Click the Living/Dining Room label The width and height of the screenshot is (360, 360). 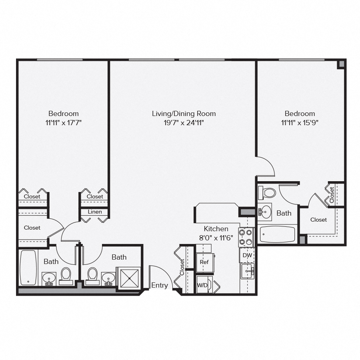pos(184,114)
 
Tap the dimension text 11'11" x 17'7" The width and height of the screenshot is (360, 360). pos(64,123)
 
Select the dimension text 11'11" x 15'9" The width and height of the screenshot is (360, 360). pos(300,123)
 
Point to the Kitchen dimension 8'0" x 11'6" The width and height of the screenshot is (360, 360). pos(216,238)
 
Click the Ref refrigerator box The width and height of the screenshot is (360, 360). pos(204,262)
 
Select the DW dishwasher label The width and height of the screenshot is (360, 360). pos(247,255)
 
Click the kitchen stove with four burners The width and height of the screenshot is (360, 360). pos(246,237)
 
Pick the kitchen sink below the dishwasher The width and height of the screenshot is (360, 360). pos(247,271)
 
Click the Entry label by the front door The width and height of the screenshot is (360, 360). pos(160,285)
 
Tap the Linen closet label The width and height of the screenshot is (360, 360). pos(95,212)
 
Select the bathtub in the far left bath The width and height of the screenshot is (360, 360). pos(28,267)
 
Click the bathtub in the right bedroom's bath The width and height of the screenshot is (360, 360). pos(277,234)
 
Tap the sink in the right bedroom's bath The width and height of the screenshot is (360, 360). pos(265,212)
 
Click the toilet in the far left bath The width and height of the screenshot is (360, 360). pos(66,275)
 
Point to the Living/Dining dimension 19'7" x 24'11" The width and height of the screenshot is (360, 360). pos(184,123)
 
